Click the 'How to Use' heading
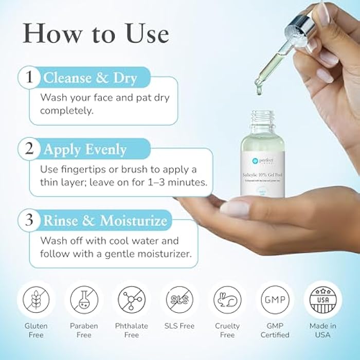(96, 33)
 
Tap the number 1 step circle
(29, 78)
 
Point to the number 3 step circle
(29, 221)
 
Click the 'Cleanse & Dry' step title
(90, 78)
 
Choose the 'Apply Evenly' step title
(85, 150)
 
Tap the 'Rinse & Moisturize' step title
(105, 221)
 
